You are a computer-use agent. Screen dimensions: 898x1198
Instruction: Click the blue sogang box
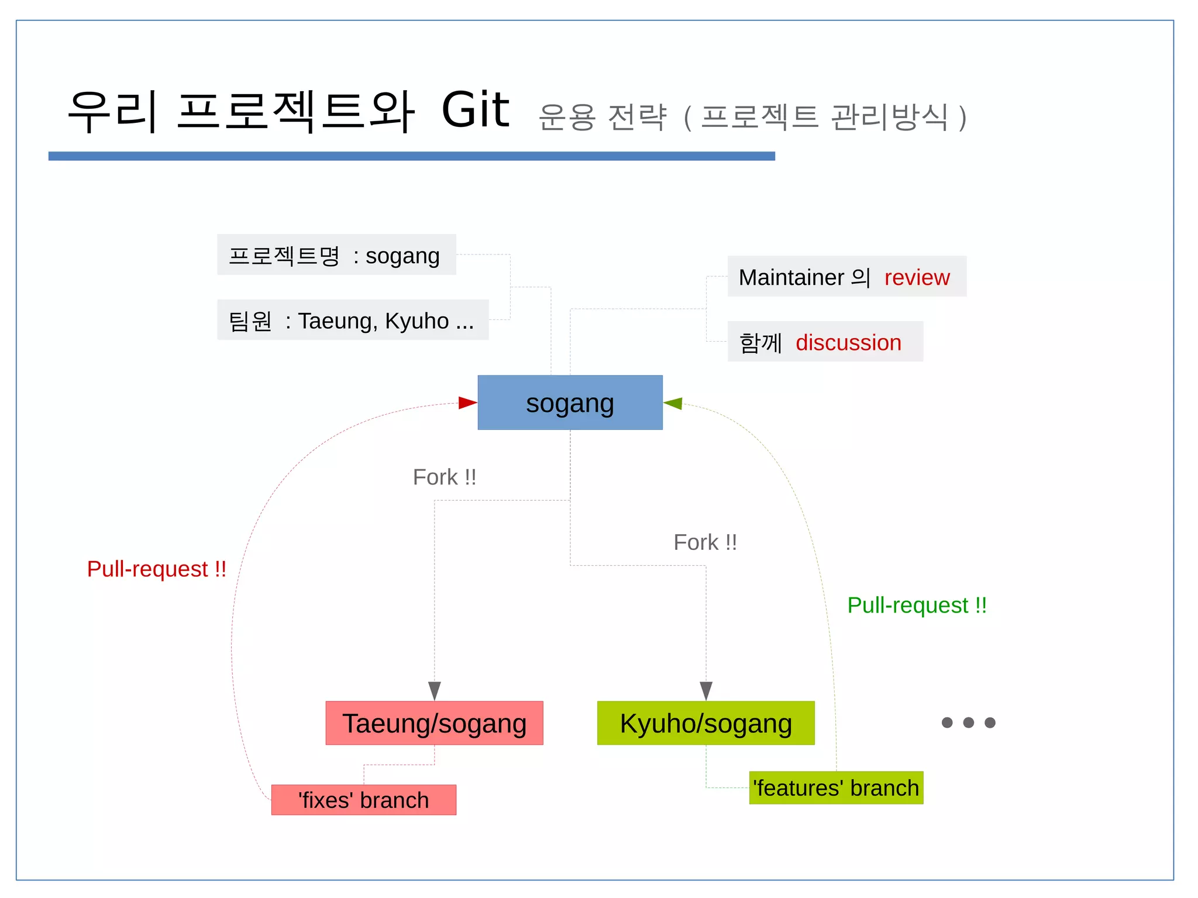click(570, 402)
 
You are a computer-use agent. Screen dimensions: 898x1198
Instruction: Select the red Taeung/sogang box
click(434, 723)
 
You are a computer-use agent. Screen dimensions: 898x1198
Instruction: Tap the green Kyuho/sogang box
click(705, 723)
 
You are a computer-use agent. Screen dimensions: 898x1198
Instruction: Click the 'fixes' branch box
click(363, 800)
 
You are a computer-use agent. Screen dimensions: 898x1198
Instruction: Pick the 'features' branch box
click(836, 787)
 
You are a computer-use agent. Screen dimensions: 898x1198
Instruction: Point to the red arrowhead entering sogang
click(467, 402)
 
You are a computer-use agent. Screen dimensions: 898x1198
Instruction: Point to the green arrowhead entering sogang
click(673, 403)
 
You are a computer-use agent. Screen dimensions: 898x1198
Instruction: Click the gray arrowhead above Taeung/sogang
click(434, 690)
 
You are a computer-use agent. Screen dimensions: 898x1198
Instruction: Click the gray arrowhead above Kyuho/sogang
click(706, 690)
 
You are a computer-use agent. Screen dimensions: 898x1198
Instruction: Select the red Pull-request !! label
click(156, 569)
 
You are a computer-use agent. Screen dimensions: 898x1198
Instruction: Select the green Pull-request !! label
click(917, 605)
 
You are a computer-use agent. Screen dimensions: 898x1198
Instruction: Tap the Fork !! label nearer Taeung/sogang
click(444, 477)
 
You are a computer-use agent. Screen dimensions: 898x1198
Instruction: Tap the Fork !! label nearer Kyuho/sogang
click(705, 542)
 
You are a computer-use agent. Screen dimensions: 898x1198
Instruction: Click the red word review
click(917, 277)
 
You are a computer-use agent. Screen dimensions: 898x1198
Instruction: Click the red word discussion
click(848, 342)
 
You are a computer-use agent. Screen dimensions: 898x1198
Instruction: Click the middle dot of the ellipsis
click(968, 722)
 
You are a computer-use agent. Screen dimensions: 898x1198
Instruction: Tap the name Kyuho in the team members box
click(416, 321)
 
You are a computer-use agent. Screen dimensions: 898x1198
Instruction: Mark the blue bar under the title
click(411, 156)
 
